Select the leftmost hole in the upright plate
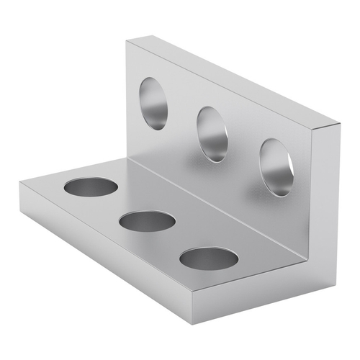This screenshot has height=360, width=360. (153, 103)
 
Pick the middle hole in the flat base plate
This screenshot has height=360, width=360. (147, 221)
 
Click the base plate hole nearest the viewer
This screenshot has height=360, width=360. (209, 258)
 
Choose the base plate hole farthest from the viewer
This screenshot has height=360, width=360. (91, 187)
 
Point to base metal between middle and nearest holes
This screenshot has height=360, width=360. (178, 240)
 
